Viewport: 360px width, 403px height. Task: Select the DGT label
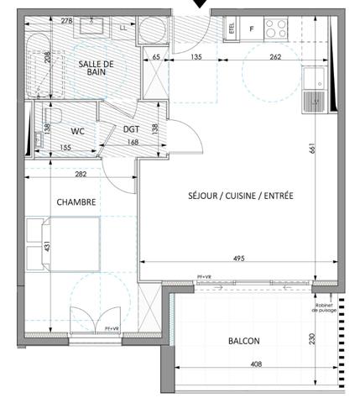point(132,128)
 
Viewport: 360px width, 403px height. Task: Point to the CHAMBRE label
point(76,202)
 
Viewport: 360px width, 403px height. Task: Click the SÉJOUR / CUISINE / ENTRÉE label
point(240,196)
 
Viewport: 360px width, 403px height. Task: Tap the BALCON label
point(243,341)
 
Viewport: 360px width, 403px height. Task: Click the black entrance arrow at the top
point(200,5)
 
